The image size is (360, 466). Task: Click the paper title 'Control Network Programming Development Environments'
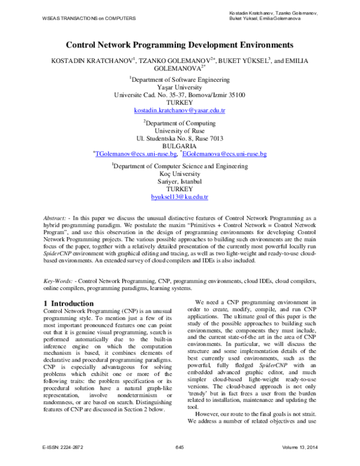[x=179, y=44]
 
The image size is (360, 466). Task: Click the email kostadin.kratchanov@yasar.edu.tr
[x=179, y=111]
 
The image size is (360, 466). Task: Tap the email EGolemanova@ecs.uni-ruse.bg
[x=226, y=154]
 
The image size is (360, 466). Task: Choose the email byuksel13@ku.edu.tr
[x=179, y=197]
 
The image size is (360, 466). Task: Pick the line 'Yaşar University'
[x=179, y=86]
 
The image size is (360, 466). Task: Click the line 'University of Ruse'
[x=179, y=130]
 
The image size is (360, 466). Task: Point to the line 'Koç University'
[x=179, y=172]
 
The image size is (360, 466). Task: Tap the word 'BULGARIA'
[x=179, y=146]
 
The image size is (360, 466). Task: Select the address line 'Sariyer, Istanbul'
[x=179, y=181]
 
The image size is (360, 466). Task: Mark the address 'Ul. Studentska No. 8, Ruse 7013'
[x=179, y=138]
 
